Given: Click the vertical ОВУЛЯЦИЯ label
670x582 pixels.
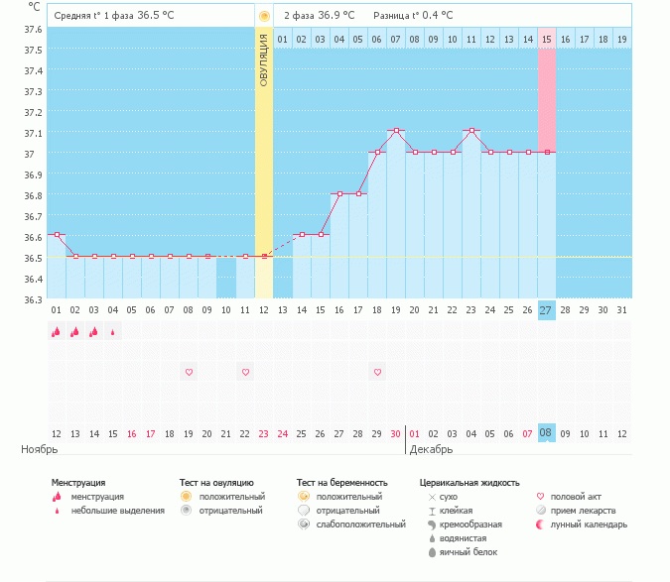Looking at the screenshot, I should (x=264, y=59).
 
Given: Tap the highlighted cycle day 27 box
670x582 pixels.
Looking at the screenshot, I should (x=547, y=310).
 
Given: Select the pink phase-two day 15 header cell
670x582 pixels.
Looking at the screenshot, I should (x=547, y=39).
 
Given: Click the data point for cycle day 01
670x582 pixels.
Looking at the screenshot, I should (x=57, y=235).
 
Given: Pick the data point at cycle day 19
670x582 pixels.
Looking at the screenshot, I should (x=396, y=131).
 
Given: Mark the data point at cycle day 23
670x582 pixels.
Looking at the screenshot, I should (x=471, y=131).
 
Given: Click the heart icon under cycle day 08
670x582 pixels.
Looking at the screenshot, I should (x=189, y=372).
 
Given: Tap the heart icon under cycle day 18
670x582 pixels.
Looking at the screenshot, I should (x=377, y=372).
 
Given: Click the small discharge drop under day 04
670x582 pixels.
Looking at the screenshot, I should (x=113, y=333).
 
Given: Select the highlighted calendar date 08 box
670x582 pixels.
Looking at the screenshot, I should (x=547, y=433).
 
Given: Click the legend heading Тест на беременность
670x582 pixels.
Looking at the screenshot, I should (x=341, y=483).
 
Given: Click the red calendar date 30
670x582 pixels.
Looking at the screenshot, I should (x=396, y=433).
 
